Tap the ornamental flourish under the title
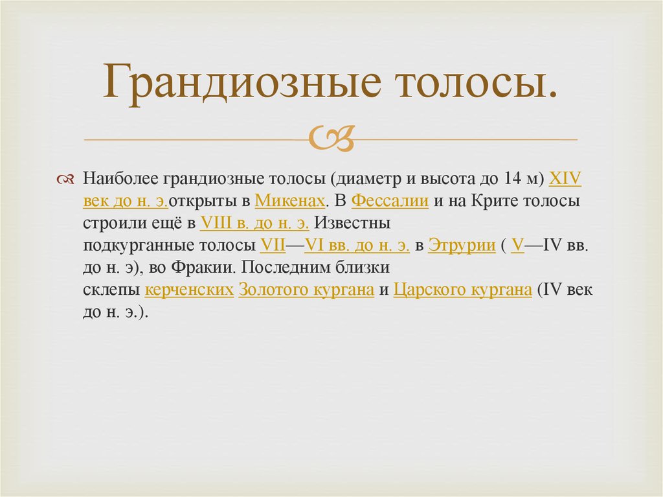(331, 138)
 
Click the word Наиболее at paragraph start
(122, 179)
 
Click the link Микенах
(289, 201)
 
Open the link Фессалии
(390, 201)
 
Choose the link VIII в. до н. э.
(255, 224)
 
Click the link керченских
(189, 290)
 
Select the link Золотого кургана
(306, 290)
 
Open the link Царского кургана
(463, 290)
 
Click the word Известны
(352, 224)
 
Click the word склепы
(111, 290)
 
